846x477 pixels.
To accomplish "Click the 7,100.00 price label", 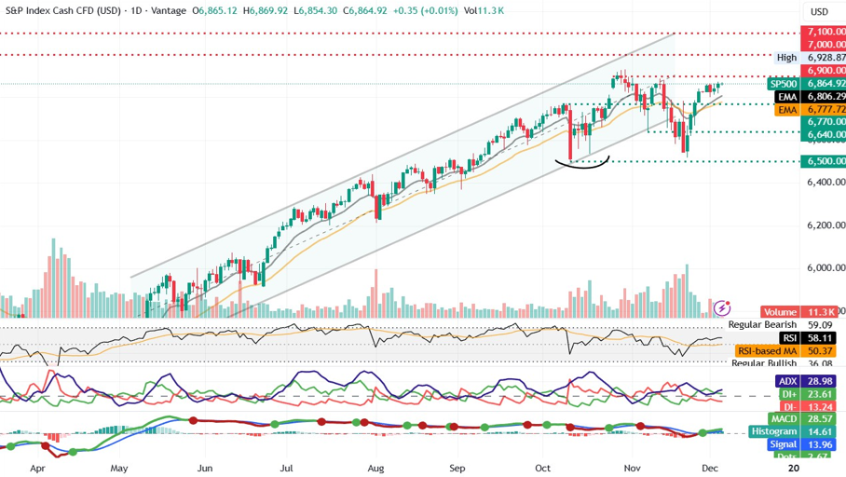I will point(826,32).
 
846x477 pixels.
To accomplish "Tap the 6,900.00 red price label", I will point(826,70).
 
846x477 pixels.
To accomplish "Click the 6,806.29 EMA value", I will point(826,96).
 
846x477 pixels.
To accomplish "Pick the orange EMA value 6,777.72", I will point(826,109).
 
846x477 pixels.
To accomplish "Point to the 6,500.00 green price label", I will point(826,161).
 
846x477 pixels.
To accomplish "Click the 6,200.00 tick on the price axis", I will point(826,225).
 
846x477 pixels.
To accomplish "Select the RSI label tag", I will point(788,337).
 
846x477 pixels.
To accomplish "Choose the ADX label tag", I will point(786,382).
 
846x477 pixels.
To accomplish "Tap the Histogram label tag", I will point(774,431).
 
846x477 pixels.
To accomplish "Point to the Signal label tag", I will point(782,444).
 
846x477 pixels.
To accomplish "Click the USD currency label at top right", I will point(820,11).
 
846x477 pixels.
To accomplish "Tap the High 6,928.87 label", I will point(811,57).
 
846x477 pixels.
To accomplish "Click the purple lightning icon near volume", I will point(720,307).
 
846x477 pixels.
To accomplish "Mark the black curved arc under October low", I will point(582,164).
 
